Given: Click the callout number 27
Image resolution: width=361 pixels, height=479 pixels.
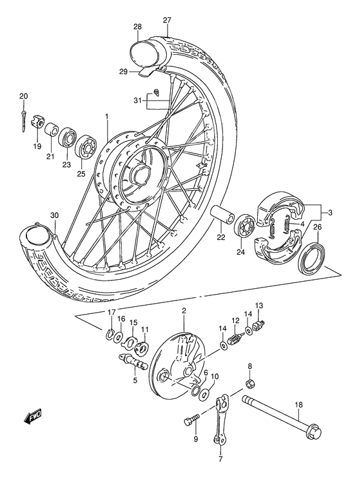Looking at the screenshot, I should (x=167, y=20).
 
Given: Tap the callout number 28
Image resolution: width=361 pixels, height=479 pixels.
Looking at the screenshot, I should (x=137, y=26).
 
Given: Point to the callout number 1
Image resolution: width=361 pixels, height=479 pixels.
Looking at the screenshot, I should (x=107, y=117).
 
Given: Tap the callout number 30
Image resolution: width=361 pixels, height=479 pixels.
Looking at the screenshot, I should (x=54, y=215).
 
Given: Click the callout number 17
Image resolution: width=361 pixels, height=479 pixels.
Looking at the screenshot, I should (x=112, y=313).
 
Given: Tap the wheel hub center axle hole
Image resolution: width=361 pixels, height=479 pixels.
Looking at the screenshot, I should (x=139, y=174).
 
